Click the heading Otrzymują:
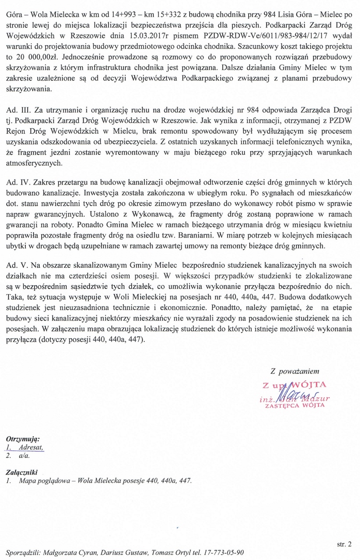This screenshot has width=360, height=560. pos(23,439)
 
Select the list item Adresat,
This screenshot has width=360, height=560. pos(30,447)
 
